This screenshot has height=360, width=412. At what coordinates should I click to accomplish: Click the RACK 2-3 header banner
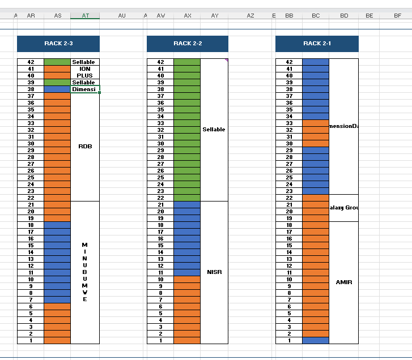(x=58, y=44)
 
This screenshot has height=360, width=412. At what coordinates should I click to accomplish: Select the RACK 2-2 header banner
(x=188, y=44)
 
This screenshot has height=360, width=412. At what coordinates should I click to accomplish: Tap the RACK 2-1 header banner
(x=317, y=44)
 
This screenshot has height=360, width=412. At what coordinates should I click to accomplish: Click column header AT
(x=85, y=16)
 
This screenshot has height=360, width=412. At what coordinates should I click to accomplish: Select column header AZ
(x=250, y=16)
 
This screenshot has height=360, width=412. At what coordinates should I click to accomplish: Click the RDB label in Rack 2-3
(x=85, y=147)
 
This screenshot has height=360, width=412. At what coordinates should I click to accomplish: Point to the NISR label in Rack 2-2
(x=214, y=272)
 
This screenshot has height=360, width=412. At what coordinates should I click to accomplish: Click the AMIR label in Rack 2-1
(x=343, y=282)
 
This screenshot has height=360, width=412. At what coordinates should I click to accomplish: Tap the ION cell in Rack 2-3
(x=85, y=69)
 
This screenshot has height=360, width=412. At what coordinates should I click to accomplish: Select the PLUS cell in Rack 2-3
(x=85, y=76)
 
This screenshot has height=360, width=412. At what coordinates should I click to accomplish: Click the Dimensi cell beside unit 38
(x=85, y=89)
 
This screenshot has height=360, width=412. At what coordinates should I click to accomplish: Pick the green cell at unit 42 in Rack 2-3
(x=57, y=62)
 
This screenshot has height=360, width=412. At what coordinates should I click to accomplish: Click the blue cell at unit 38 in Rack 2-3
(x=57, y=89)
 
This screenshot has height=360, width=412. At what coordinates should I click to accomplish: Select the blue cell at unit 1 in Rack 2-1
(x=316, y=341)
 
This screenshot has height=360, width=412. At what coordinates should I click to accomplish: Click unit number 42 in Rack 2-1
(x=289, y=62)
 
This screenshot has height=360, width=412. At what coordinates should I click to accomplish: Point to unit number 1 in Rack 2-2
(x=160, y=341)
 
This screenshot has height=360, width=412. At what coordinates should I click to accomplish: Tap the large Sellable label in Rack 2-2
(x=214, y=130)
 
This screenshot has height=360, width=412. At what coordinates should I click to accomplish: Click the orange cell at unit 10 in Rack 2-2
(x=187, y=280)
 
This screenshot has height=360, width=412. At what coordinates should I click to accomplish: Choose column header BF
(x=397, y=16)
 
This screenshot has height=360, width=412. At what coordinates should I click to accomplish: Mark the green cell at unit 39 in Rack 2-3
(x=57, y=83)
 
